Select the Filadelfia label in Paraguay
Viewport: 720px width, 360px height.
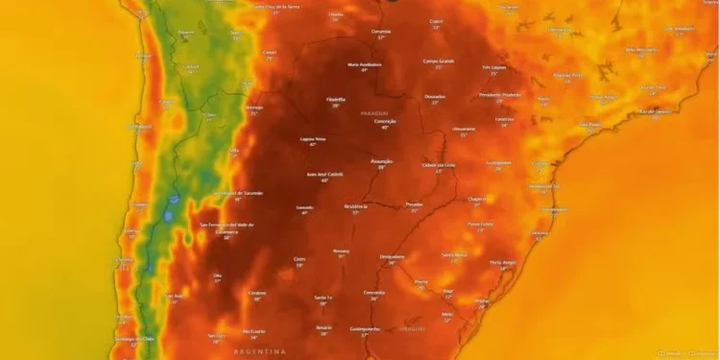click(x=336, y=99)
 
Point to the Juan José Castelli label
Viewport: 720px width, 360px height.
click(x=324, y=175)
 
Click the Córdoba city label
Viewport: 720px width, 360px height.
click(x=256, y=292)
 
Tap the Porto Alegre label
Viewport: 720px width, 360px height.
click(x=502, y=262)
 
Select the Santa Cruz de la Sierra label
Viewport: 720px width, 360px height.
click(x=274, y=7)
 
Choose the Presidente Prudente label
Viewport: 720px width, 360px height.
click(x=500, y=94)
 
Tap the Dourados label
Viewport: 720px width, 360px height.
click(x=435, y=96)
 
